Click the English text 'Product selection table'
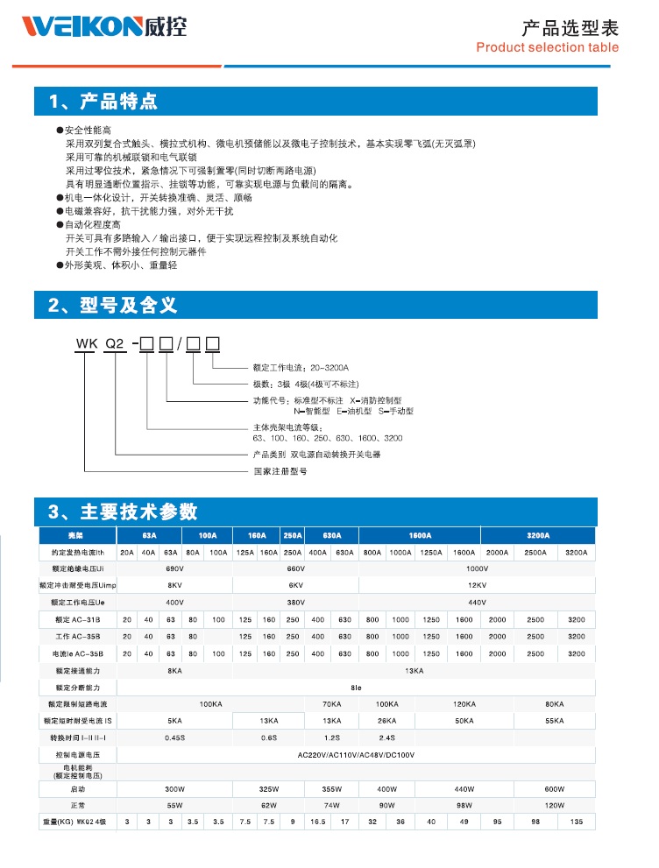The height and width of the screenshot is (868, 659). pyautogui.click(x=547, y=47)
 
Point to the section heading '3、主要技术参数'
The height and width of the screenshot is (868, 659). pyautogui.click(x=123, y=512)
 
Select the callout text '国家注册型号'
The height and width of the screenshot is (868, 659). pyautogui.click(x=280, y=471)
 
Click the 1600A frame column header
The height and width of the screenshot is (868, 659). pyautogui.click(x=420, y=535)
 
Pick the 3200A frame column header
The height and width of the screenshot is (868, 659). pyautogui.click(x=537, y=535)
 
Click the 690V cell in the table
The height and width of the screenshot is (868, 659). pyautogui.click(x=174, y=569)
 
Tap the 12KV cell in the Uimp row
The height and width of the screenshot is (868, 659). pyautogui.click(x=477, y=586)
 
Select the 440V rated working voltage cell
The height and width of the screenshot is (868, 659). pyautogui.click(x=477, y=603)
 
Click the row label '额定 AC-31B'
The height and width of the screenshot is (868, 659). pyautogui.click(x=79, y=620)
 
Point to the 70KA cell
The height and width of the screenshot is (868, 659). pyautogui.click(x=331, y=703)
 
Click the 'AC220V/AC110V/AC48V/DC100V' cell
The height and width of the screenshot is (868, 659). pyautogui.click(x=355, y=754)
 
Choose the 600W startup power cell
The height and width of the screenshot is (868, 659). pyautogui.click(x=555, y=788)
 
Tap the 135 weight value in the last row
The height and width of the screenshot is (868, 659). pyautogui.click(x=577, y=822)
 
